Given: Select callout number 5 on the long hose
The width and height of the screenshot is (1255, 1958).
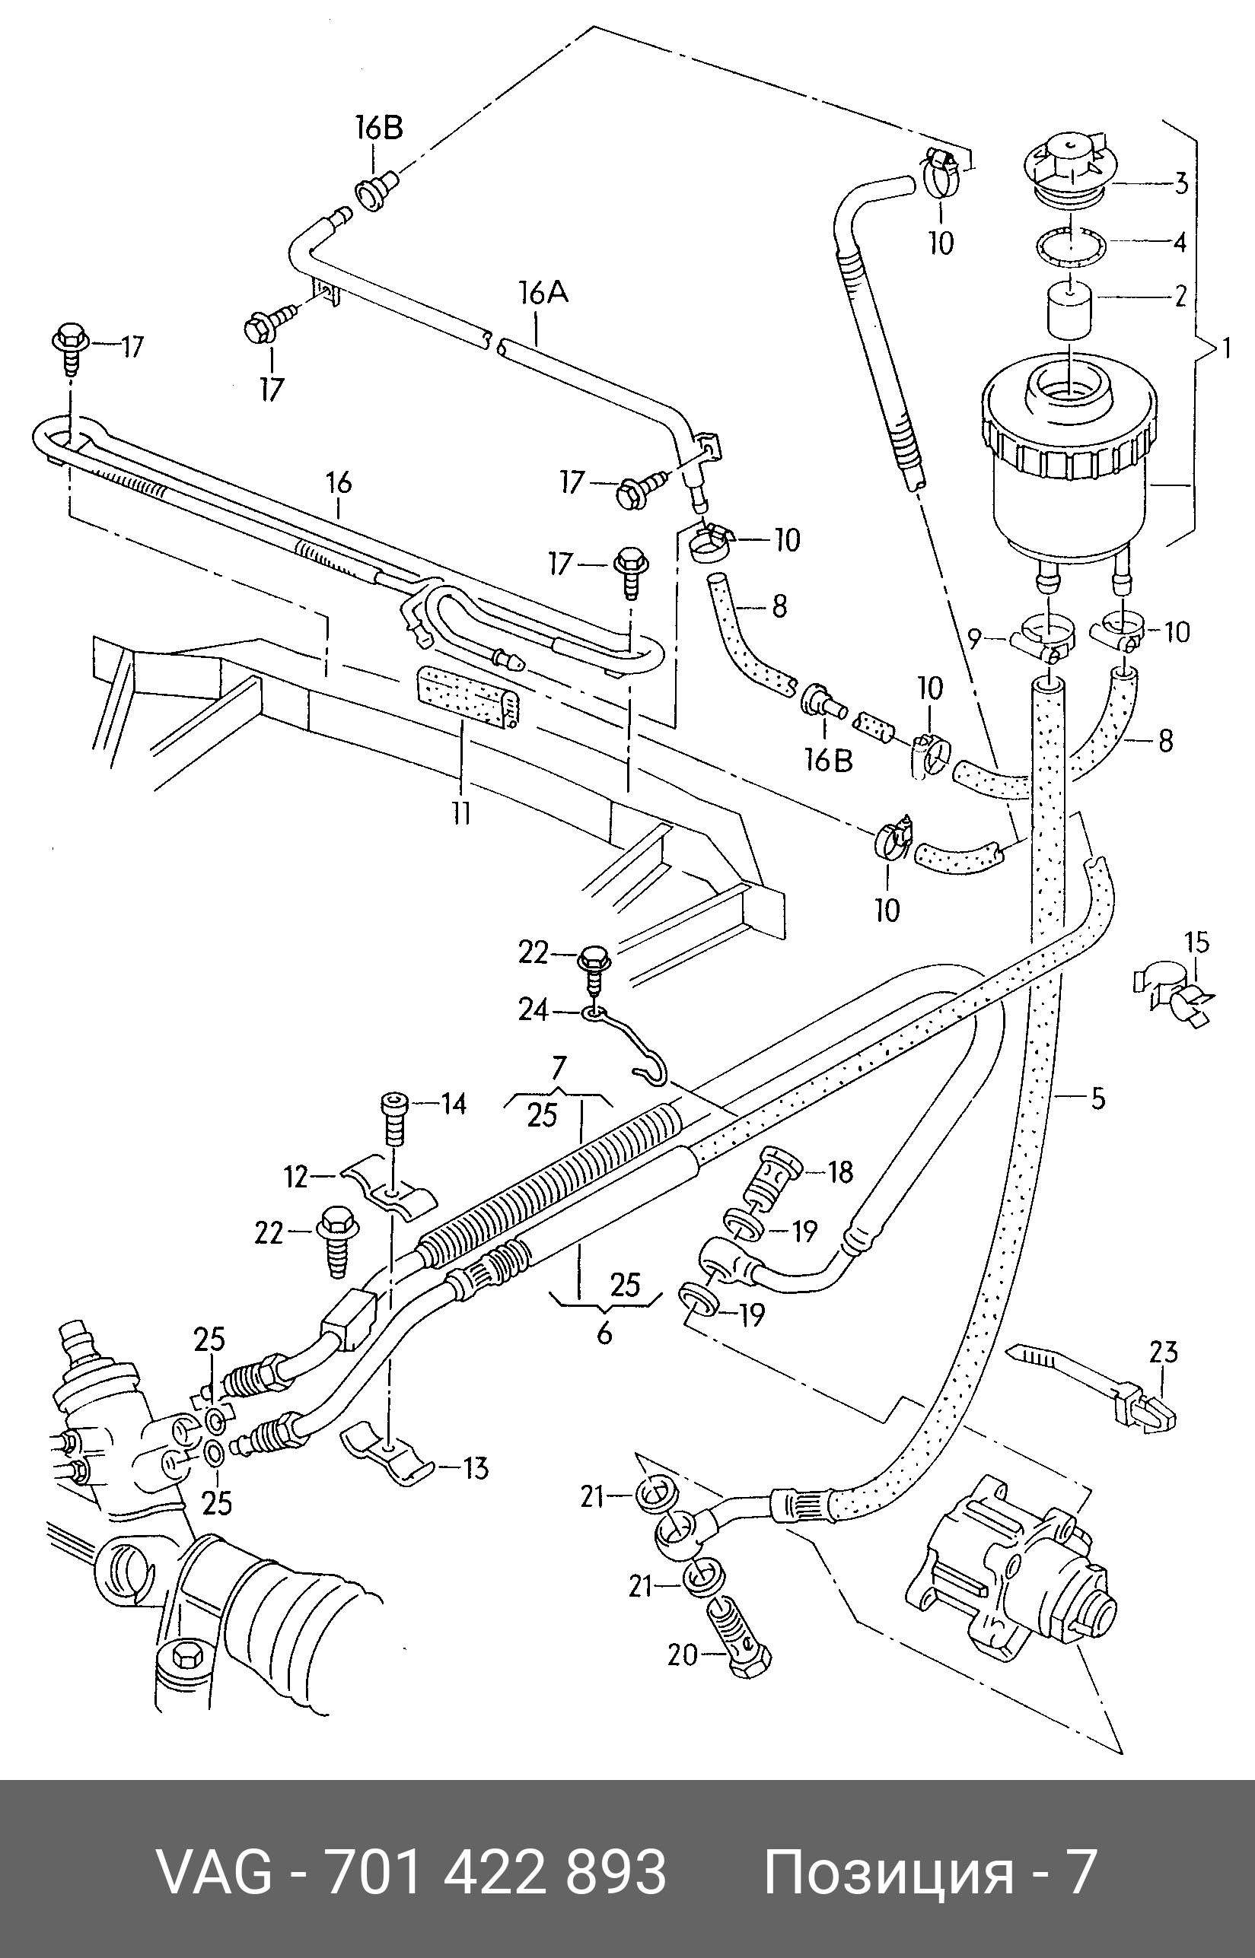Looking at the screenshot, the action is coord(1097,1098).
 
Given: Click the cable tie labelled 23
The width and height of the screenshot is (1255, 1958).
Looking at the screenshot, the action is coord(1094,1395).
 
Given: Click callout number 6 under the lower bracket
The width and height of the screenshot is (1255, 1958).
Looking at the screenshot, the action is coord(604,1333).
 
